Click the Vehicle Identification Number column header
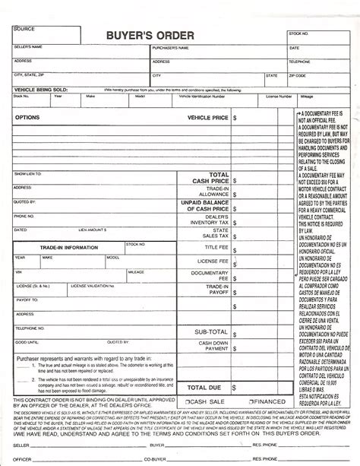pyautogui.click(x=201, y=97)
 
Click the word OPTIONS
pyautogui.click(x=27, y=119)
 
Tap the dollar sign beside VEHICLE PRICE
pyautogui.click(x=235, y=119)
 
